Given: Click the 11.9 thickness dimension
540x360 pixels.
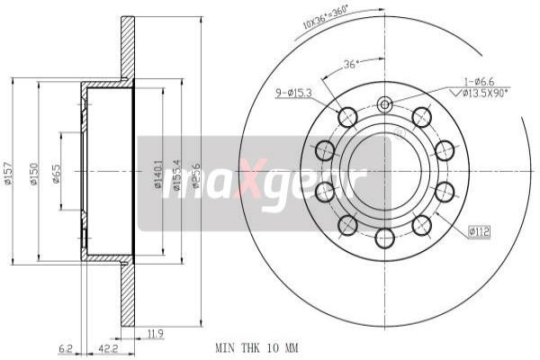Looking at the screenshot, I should coord(155,334).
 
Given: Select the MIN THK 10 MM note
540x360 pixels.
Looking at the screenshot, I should coord(257,346).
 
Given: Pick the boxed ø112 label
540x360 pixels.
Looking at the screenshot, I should coord(479,231).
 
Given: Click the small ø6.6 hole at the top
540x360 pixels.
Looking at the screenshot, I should coord(385,104).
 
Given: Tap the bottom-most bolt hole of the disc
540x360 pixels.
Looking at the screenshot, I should coord(385,238).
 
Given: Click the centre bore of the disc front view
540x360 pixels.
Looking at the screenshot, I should coord(385,171).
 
